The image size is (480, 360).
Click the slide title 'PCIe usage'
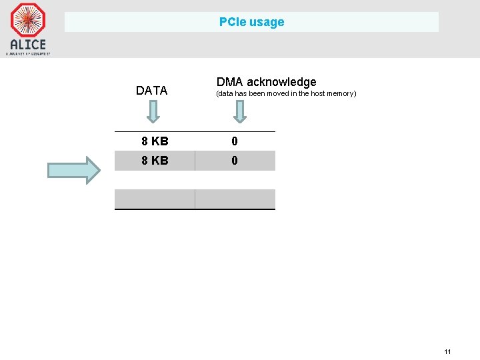pyautogui.click(x=251, y=22)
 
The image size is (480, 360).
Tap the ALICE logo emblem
pyautogui.click(x=28, y=20)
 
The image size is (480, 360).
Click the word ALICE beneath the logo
pyautogui.click(x=28, y=45)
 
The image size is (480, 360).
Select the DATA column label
pyautogui.click(x=151, y=91)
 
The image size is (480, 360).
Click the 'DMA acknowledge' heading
pyautogui.click(x=266, y=82)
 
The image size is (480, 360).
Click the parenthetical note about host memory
pyautogui.click(x=285, y=94)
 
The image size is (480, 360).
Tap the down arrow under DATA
pyautogui.click(x=153, y=111)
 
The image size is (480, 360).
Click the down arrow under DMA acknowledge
pyautogui.click(x=240, y=111)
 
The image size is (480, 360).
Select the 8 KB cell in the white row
pyautogui.click(x=155, y=141)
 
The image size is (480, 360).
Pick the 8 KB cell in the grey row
pyautogui.click(x=155, y=161)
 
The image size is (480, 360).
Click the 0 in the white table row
pyautogui.click(x=235, y=141)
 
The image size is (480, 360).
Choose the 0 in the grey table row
pyautogui.click(x=235, y=161)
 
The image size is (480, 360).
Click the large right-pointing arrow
pyautogui.click(x=73, y=170)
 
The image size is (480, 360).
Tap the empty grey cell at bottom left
pyautogui.click(x=155, y=199)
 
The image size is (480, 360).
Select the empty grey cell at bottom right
pyautogui.click(x=235, y=199)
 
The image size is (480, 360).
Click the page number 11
pyautogui.click(x=447, y=351)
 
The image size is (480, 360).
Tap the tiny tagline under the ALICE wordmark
pyautogui.click(x=28, y=53)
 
